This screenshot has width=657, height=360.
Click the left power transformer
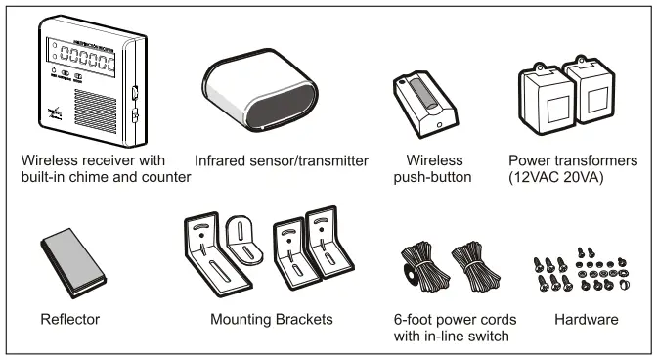[x=542, y=98]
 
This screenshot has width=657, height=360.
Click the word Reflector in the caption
[x=71, y=319]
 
